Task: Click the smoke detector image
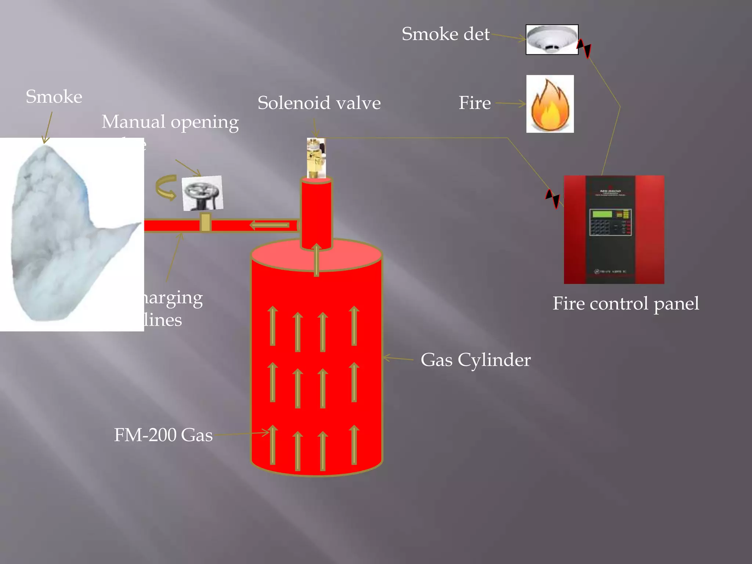[x=552, y=40]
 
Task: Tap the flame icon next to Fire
[x=550, y=104]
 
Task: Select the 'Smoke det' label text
[x=445, y=34]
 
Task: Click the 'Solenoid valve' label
[x=319, y=103]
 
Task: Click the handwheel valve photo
[x=202, y=193]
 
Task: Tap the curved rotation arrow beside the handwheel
[x=166, y=187]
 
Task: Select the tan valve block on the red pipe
[x=205, y=223]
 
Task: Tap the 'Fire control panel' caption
[x=625, y=304]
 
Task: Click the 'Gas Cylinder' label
[x=475, y=360]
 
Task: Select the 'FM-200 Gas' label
[x=163, y=435]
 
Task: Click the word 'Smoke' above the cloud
[x=54, y=97]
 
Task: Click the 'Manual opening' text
[x=170, y=122]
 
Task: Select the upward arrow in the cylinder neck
[x=317, y=259]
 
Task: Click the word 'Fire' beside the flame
[x=474, y=103]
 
